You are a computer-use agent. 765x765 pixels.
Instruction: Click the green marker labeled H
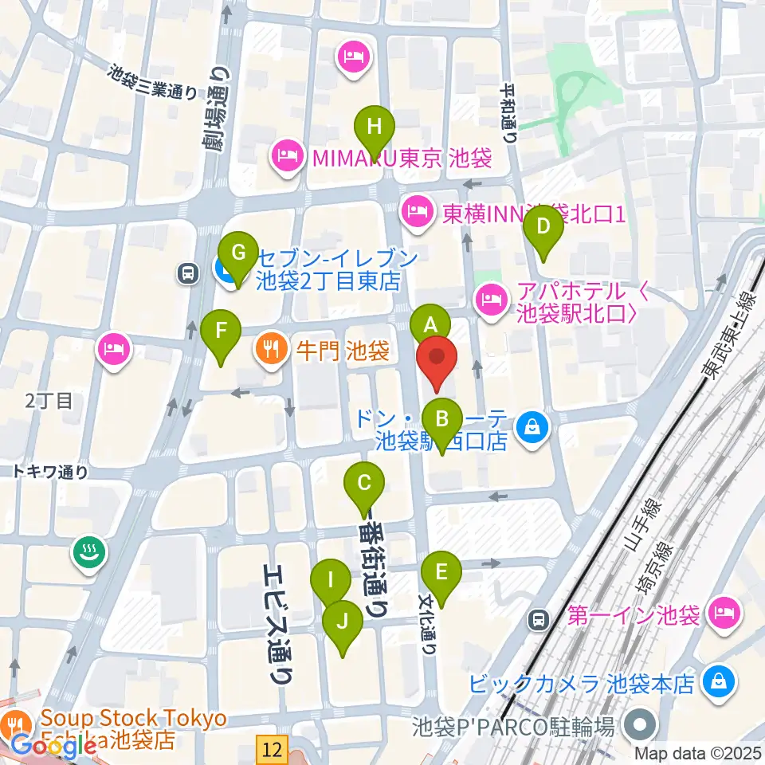[379, 127]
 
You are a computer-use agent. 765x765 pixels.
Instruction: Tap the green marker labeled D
[543, 226]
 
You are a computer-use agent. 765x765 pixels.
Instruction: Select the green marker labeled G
[238, 253]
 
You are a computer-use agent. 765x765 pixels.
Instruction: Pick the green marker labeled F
[221, 330]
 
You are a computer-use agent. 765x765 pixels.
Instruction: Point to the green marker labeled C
[364, 483]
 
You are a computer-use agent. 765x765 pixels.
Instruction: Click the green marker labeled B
[442, 419]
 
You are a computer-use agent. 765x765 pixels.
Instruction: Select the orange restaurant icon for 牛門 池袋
[272, 348]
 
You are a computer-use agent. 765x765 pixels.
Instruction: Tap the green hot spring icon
[87, 551]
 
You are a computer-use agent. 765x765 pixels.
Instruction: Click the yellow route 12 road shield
[272, 747]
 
